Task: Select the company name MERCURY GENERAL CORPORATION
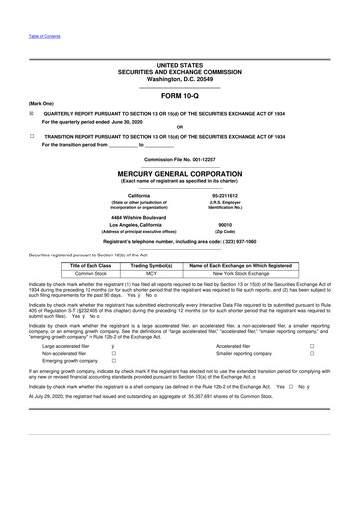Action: tap(180, 173)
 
